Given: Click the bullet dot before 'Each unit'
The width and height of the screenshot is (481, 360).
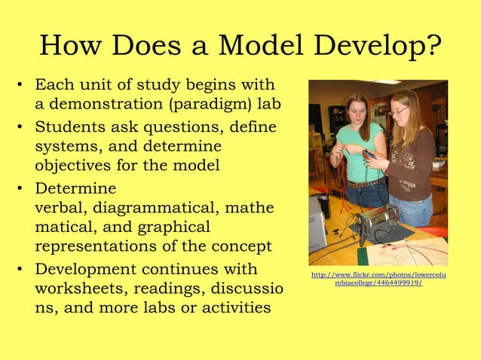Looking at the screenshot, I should (x=21, y=84).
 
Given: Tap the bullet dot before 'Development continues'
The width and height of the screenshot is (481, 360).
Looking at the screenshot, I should (x=21, y=269).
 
